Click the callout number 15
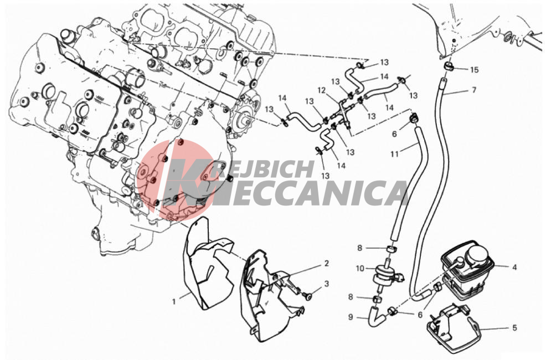[474, 70]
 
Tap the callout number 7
[473, 90]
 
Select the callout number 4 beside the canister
[514, 268]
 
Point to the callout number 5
[514, 328]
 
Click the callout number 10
[360, 269]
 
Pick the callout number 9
[351, 317]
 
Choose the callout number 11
[394, 153]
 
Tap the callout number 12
[321, 90]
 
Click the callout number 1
[174, 301]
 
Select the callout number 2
[326, 263]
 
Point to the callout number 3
[326, 284]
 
